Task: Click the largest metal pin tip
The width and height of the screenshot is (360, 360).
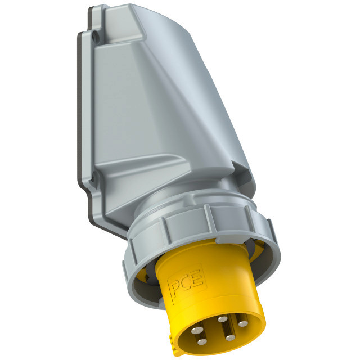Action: (x=196, y=331)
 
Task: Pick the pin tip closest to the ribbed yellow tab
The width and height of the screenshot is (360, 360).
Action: (x=202, y=342)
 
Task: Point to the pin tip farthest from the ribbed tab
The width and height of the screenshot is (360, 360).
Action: (x=243, y=324)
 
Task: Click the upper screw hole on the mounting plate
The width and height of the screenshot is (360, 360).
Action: (x=96, y=36)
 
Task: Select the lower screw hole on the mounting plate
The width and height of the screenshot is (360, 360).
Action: (x=94, y=178)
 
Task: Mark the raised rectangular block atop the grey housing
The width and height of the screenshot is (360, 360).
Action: (x=124, y=25)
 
